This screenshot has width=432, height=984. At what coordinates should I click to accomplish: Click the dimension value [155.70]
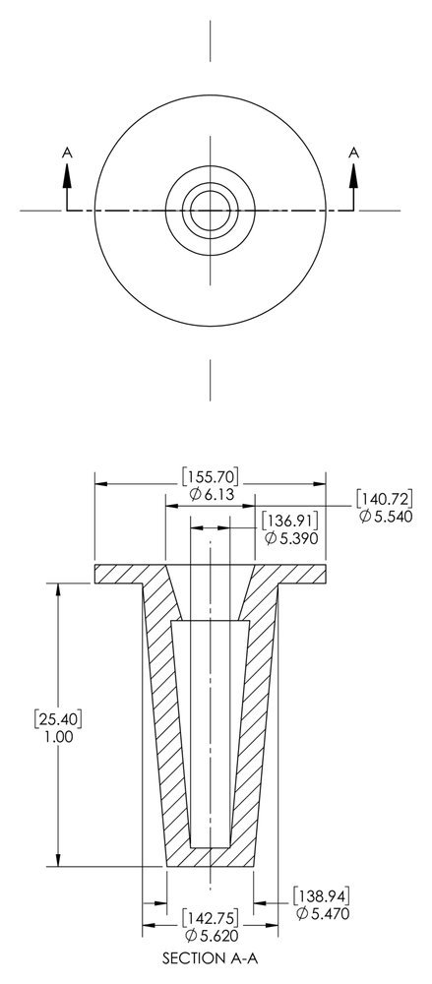tap(210, 477)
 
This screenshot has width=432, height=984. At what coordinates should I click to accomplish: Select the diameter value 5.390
tap(289, 537)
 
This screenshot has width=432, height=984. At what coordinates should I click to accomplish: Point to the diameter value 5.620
tap(210, 938)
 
